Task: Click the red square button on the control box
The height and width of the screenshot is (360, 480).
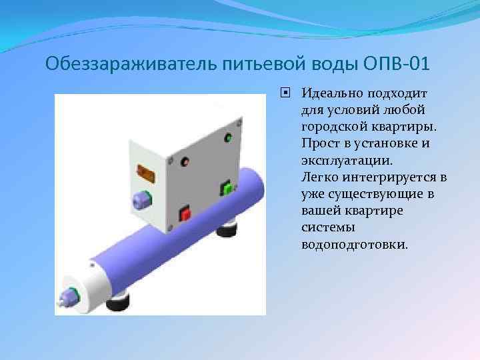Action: point(185,213)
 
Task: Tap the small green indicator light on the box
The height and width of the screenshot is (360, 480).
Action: point(228,139)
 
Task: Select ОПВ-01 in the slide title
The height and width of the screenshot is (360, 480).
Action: point(397,65)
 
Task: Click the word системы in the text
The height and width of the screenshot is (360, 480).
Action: point(323,228)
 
